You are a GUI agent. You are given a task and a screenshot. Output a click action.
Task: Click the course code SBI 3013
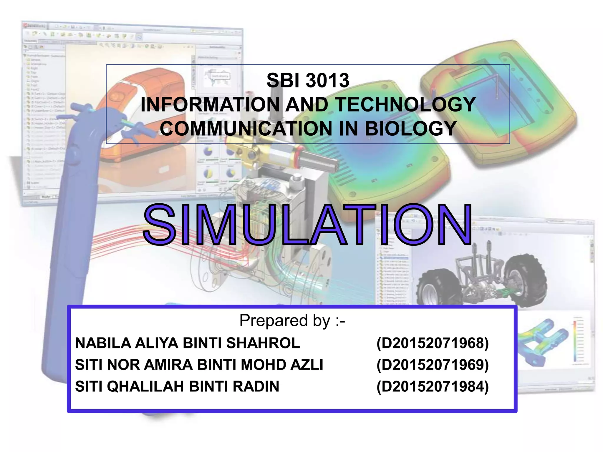pos(308,80)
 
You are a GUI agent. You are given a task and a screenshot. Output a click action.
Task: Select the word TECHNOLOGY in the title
pos(405,104)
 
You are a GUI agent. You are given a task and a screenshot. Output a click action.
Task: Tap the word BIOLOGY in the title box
pos(411,129)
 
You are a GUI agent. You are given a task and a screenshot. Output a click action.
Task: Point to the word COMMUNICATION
pos(246,129)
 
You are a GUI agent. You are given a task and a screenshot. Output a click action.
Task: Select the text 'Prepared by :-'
pos(292,320)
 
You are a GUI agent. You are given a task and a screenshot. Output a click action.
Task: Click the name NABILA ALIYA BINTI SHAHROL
pos(188,343)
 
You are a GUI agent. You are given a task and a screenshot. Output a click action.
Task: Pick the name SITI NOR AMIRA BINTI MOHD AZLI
pos(199,365)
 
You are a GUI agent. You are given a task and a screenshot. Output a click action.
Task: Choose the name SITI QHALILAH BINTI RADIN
pos(177,386)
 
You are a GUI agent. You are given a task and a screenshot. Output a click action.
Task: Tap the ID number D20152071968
pos(433,343)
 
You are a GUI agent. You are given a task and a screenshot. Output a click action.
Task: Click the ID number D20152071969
pos(433,365)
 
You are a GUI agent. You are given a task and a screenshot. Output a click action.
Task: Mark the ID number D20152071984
pos(433,386)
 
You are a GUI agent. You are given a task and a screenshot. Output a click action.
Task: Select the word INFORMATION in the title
pos(210,104)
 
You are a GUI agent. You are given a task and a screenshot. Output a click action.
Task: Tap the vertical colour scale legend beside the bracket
pos(575,341)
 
